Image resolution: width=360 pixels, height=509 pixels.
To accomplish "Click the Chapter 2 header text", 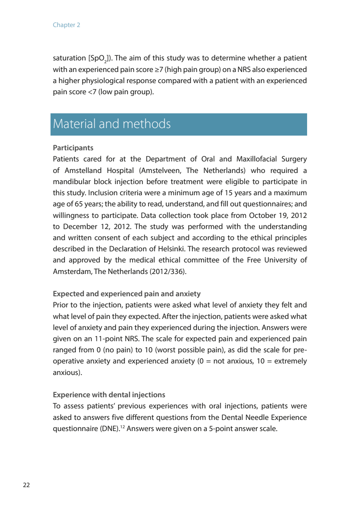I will point(66,25).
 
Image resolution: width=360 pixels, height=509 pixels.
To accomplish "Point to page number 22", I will point(26,485).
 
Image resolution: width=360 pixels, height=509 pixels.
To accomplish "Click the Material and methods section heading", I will point(112,124).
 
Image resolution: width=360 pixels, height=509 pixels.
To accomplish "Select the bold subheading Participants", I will point(73,148).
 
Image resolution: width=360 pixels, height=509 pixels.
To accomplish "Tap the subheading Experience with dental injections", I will point(109,395).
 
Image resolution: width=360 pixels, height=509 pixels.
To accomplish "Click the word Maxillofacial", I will point(256,159).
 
